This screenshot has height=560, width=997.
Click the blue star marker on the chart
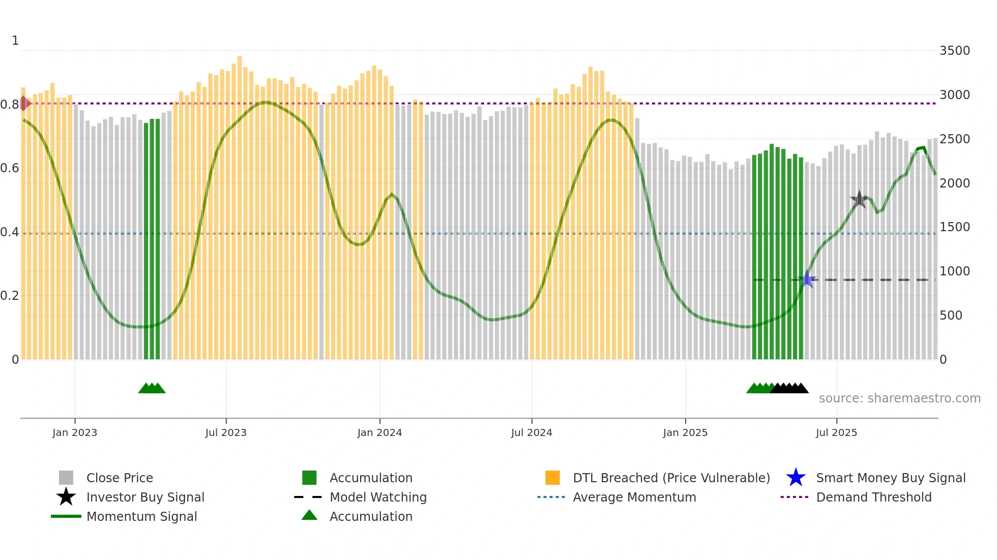[x=807, y=279]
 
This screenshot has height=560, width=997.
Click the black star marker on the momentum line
[x=859, y=199]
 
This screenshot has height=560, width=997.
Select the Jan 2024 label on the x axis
[x=379, y=432]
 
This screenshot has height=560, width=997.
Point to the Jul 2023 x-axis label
[x=226, y=432]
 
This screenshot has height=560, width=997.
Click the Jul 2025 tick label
[x=836, y=432]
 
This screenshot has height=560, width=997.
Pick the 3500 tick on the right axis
[x=954, y=51]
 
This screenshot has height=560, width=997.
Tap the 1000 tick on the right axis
[x=954, y=271]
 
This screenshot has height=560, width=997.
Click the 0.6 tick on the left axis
[x=10, y=168]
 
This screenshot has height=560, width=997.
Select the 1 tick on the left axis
[x=15, y=41]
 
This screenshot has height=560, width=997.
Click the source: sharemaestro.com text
[x=899, y=398]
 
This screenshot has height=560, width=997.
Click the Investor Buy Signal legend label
[x=145, y=497]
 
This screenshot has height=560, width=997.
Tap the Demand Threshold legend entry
[x=873, y=497]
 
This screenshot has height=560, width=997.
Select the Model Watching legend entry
[x=378, y=497]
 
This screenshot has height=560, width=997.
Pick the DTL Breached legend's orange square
[x=552, y=478]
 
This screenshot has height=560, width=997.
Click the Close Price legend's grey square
[x=66, y=478]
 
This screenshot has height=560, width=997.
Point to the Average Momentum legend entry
[x=634, y=497]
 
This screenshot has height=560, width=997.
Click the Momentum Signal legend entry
[x=141, y=517]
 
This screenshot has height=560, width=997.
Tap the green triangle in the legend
[x=309, y=516]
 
